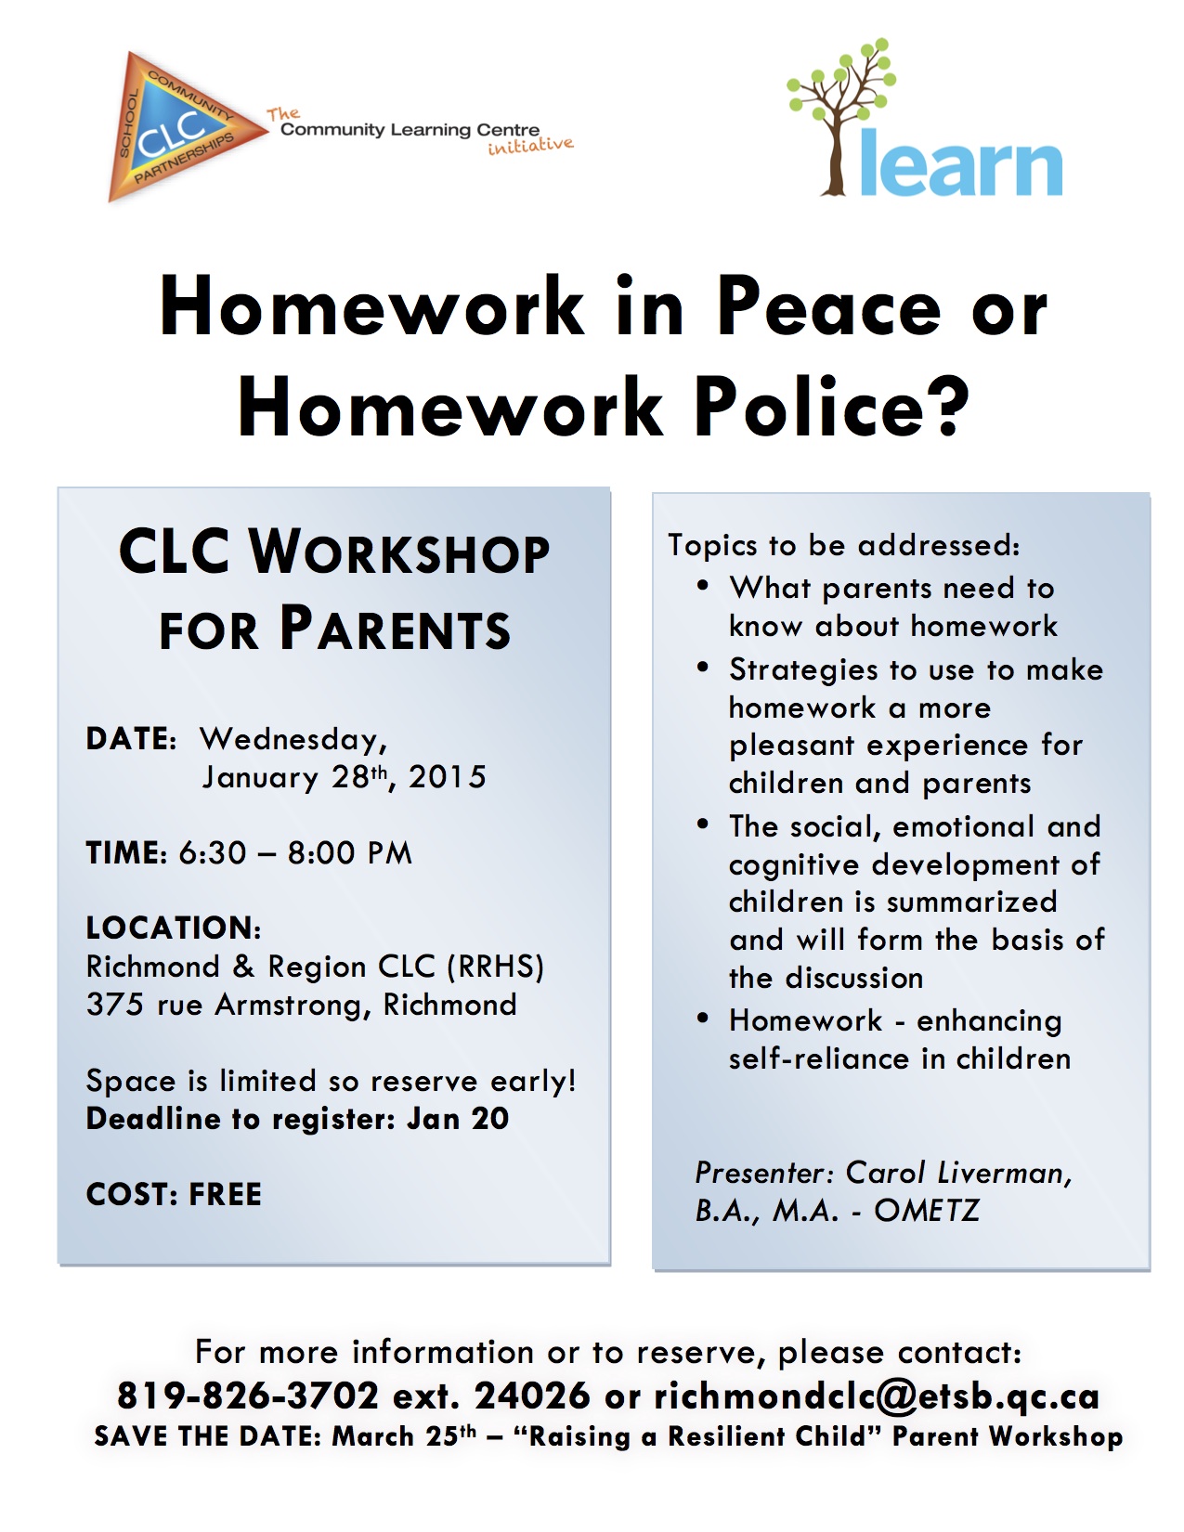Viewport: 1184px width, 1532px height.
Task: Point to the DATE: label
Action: coord(131,739)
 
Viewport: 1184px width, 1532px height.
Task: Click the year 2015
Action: coord(448,777)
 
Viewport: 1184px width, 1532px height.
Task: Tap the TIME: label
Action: coord(126,853)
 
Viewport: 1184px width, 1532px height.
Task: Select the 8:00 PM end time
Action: coord(349,853)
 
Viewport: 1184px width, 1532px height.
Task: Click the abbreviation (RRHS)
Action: coord(495,967)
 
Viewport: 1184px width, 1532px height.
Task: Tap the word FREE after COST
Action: coord(226,1194)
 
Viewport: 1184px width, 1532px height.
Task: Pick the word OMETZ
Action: coord(926,1211)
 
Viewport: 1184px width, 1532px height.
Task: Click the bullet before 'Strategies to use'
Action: coord(703,668)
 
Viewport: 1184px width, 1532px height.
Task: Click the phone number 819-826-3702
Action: coord(248,1396)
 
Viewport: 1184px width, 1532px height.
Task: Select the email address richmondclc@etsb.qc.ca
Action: coord(877,1396)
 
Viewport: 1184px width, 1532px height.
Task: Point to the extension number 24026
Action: coord(532,1396)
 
